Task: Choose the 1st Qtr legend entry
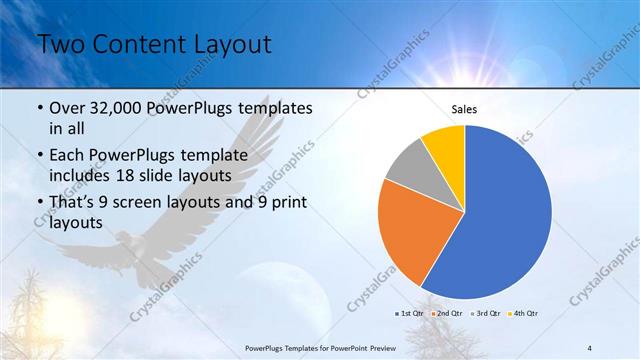pos(411,313)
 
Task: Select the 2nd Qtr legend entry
pos(448,313)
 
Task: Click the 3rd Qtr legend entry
pos(487,313)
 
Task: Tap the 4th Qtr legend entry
pos(525,313)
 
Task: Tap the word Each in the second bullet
pos(67,155)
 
